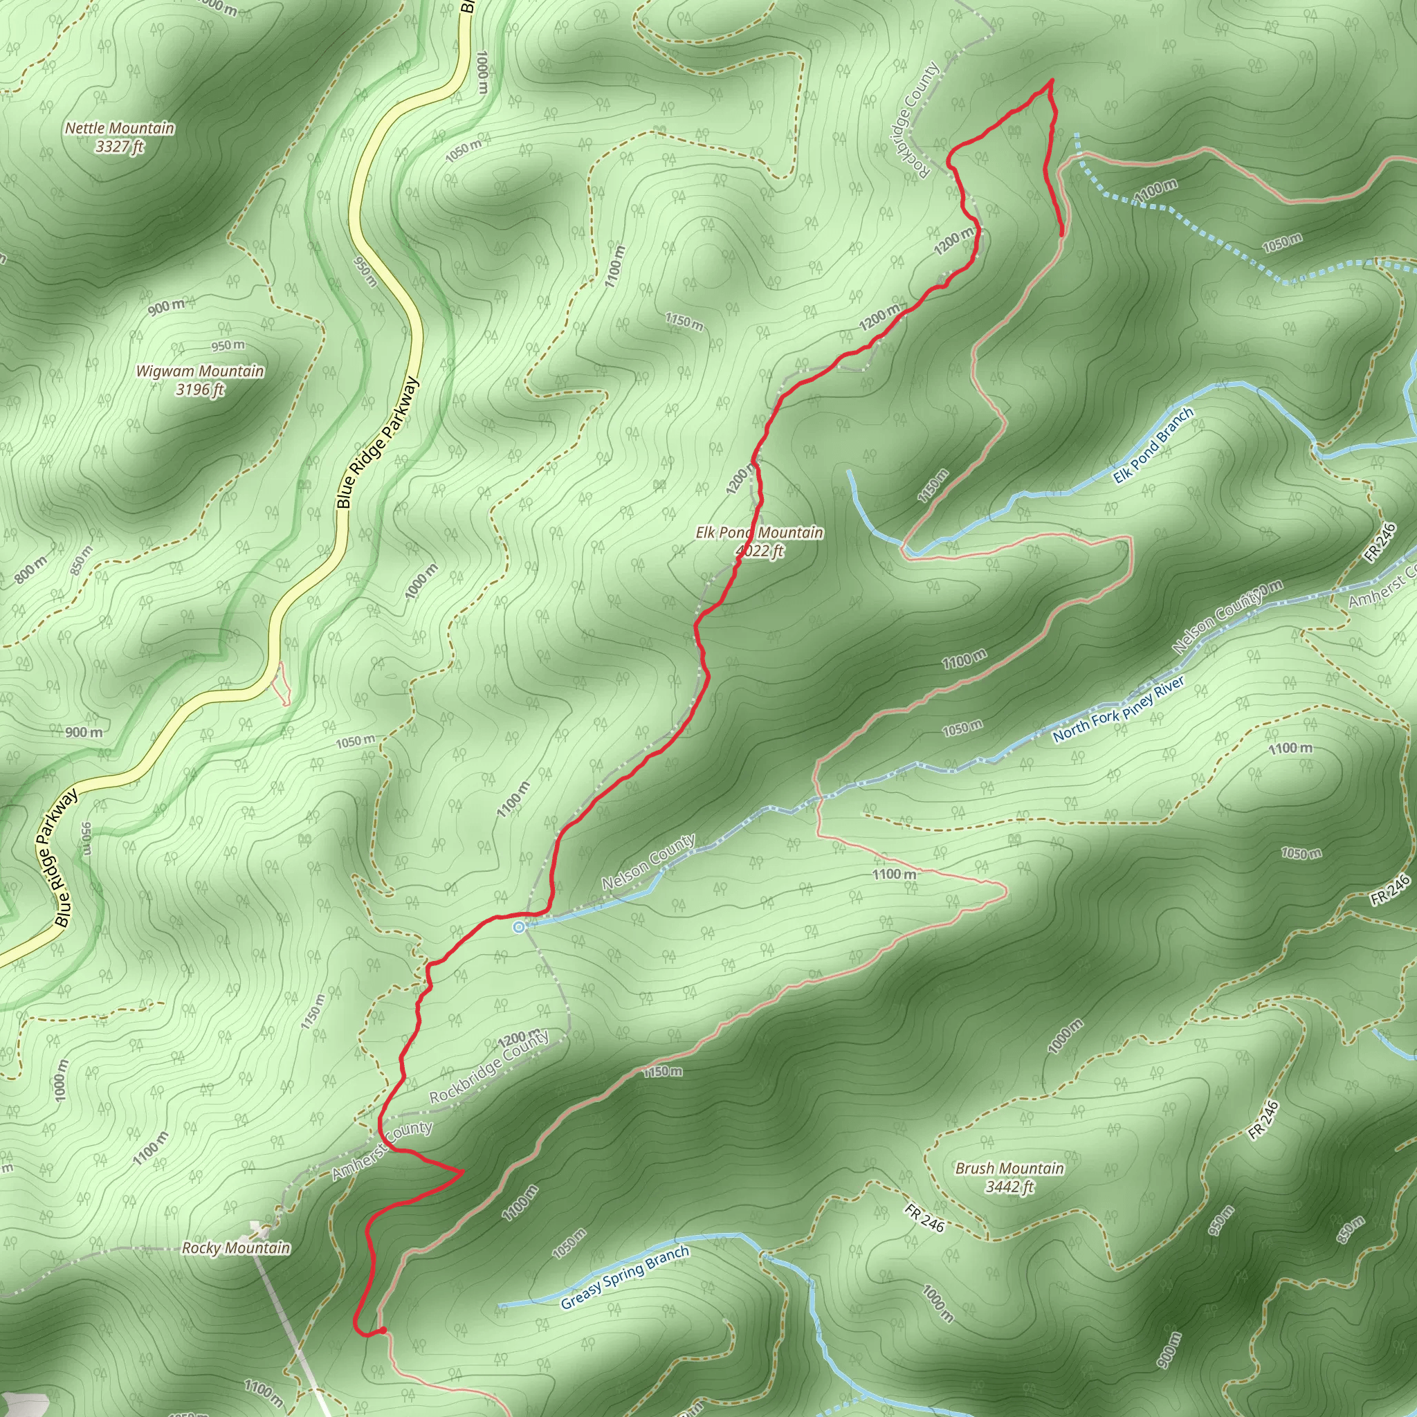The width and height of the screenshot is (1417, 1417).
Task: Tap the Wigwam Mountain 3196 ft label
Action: coord(199,380)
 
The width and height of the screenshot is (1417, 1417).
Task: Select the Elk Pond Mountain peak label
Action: coord(759,541)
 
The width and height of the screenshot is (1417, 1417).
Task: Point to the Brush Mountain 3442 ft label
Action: coord(1009,1177)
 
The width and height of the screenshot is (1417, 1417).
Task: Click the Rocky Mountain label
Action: coord(236,1248)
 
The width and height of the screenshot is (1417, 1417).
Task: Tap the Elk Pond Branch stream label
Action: coord(1153,446)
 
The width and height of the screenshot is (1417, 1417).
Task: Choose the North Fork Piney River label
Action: coord(1119,710)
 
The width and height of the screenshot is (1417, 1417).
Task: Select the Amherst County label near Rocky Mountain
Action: coord(381,1150)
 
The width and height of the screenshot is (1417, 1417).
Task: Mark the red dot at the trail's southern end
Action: coord(383,1330)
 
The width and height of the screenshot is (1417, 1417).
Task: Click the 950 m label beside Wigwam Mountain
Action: coord(228,345)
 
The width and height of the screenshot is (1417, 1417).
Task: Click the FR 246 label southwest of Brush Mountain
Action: coord(924,1218)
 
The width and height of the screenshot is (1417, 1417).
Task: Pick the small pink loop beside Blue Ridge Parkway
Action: coord(281,683)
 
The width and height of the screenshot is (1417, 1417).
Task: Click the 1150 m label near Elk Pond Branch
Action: coord(933,486)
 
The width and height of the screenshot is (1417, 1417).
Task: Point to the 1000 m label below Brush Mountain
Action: coord(1064,1036)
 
